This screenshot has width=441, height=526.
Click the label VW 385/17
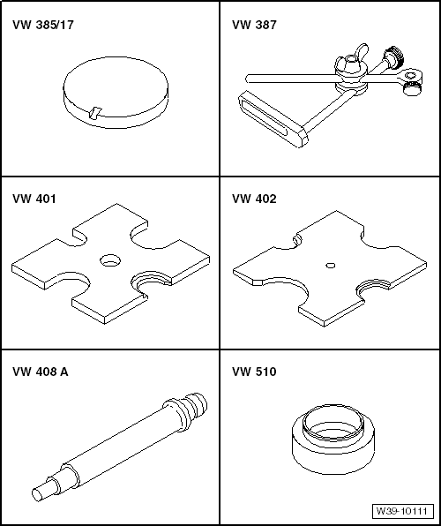tap(43, 26)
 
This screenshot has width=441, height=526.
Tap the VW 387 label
tap(254, 26)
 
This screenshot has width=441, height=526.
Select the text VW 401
tap(34, 199)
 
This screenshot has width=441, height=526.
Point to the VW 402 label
tap(254, 199)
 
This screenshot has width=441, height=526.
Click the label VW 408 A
tap(41, 372)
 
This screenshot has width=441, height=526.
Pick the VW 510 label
tap(254, 372)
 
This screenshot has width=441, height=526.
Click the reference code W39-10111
tap(402, 511)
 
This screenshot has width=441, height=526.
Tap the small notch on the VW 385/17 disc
tap(94, 113)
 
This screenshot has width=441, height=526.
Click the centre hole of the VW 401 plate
tap(110, 260)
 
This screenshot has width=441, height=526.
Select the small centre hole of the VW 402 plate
tap(331, 266)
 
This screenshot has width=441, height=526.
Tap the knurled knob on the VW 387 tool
tap(394, 56)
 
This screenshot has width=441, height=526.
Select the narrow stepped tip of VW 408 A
tap(44, 489)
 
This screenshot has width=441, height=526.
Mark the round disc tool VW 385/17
tap(116, 93)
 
